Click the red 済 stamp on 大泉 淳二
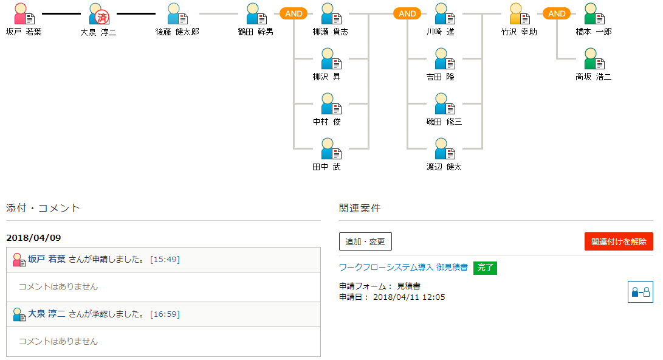point(102,18)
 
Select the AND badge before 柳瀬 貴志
point(294,13)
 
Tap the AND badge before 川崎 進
point(407,13)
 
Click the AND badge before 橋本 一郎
point(557,13)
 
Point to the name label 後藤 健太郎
point(177,32)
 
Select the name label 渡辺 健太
point(444,167)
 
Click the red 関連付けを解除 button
point(619,241)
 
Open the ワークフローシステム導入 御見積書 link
point(404,268)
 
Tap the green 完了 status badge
point(485,268)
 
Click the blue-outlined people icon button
point(640,292)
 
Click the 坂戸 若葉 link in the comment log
point(47,259)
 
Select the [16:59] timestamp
point(165,314)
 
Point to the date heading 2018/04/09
point(33,238)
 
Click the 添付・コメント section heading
point(43,208)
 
